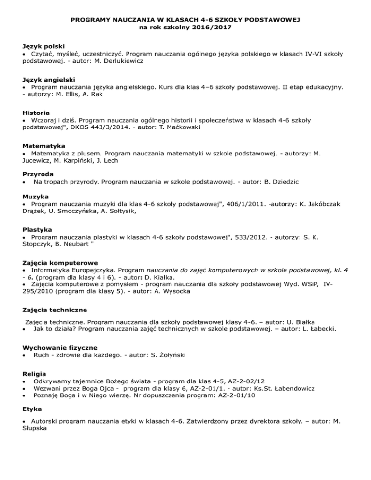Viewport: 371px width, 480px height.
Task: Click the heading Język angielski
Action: (x=50, y=79)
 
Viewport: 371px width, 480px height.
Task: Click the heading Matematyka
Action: (x=44, y=145)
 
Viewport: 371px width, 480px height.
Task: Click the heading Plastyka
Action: (x=37, y=230)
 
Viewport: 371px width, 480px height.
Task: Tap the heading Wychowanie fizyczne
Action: (x=60, y=347)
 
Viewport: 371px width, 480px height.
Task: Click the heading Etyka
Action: (x=33, y=414)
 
